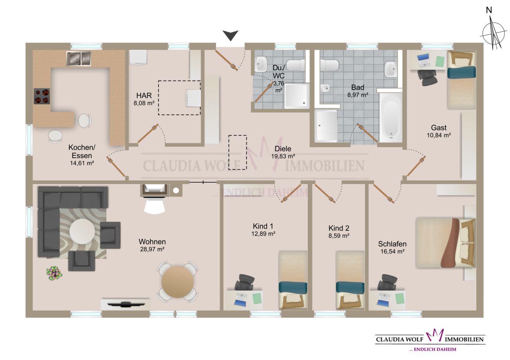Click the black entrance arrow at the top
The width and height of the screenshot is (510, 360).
coord(230,36)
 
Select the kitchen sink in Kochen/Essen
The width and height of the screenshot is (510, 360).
coord(78,59)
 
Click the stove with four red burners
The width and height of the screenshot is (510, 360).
coord(41,96)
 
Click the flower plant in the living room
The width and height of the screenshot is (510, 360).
coord(54,273)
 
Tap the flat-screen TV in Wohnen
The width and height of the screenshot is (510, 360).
coord(126,305)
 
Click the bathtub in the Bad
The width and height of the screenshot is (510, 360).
coord(390,116)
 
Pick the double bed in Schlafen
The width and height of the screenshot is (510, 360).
coord(445,243)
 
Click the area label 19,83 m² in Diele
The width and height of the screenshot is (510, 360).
coord(283,157)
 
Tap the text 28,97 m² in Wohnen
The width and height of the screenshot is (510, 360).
coord(152,249)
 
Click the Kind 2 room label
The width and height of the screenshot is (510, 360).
coord(339,228)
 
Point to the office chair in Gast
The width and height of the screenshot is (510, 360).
coord(427,77)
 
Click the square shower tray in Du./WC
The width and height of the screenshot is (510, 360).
coord(296,96)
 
